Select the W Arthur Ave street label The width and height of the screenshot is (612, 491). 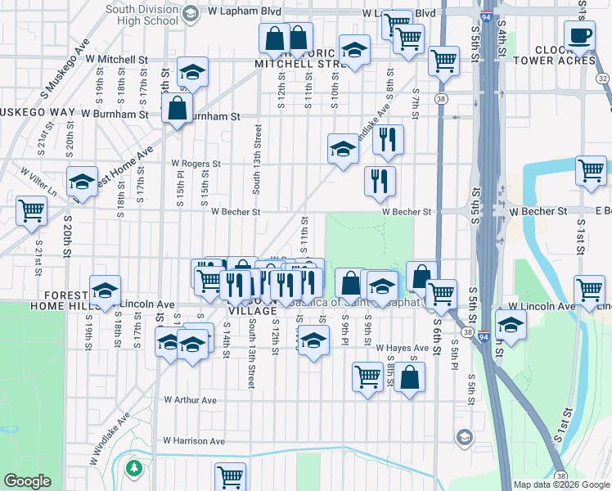(190, 400)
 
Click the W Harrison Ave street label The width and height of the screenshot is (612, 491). (193, 441)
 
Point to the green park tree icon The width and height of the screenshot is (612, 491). (134, 468)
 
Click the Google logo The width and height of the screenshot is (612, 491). (28, 481)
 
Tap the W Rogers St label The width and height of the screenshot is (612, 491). (196, 164)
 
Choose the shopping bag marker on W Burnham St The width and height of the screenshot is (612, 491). (177, 108)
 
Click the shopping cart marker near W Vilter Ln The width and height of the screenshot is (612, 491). (31, 210)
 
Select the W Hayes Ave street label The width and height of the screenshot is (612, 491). (403, 348)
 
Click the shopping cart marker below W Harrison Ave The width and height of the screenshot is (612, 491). (231, 475)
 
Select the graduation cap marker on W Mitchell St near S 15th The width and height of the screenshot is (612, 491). (193, 73)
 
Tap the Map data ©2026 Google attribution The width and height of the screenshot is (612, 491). (560, 484)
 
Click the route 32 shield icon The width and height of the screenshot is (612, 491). (603, 79)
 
